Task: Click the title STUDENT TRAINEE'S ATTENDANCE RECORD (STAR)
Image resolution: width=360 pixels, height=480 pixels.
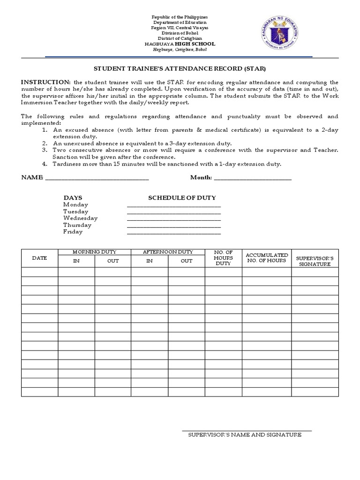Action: click(180, 68)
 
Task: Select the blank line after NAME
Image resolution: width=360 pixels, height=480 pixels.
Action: click(96, 178)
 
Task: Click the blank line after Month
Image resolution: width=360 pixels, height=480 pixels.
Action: click(253, 178)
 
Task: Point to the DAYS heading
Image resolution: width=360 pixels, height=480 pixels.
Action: click(73, 198)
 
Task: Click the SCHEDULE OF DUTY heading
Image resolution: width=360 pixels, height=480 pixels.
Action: click(182, 198)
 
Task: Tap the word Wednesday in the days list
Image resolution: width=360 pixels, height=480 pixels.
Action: click(80, 218)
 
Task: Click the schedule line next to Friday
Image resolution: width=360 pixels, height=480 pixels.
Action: click(173, 232)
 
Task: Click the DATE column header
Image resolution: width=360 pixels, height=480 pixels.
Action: click(39, 258)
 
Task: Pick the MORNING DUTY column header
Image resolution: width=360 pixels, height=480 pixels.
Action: click(94, 252)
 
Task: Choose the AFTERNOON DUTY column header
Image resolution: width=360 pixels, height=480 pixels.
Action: click(168, 252)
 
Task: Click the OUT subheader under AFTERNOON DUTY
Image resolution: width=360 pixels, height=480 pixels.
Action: click(187, 261)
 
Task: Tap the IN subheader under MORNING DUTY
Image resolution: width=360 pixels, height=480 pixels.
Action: click(76, 261)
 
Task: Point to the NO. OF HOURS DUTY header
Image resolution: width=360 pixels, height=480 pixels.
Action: click(223, 258)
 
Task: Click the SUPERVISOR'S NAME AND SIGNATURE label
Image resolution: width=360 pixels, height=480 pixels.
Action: click(245, 435)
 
